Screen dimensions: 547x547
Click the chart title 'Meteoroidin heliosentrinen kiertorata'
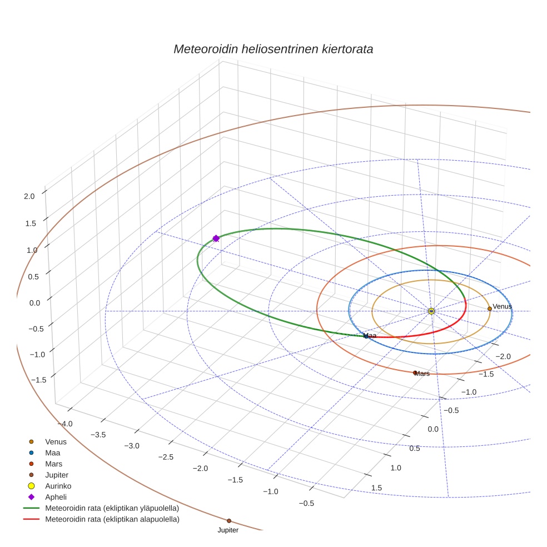click(x=273, y=49)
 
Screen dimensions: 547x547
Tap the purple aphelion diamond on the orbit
click(x=216, y=238)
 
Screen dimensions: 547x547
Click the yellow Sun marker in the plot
click(x=431, y=311)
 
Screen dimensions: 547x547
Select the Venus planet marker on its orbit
click(x=489, y=309)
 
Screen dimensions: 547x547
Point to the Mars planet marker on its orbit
click(x=415, y=372)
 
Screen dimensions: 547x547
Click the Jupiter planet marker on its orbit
click(x=229, y=521)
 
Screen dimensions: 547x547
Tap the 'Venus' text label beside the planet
click(x=502, y=306)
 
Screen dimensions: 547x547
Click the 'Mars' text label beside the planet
click(x=422, y=374)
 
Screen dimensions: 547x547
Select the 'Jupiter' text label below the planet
click(x=228, y=530)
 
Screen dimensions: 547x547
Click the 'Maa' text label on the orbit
click(x=370, y=336)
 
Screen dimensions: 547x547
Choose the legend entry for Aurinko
click(x=58, y=486)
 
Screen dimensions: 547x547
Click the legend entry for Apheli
click(x=56, y=497)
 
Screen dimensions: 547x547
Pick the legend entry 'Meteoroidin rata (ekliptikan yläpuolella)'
click(x=112, y=508)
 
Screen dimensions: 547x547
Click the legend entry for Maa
click(x=52, y=452)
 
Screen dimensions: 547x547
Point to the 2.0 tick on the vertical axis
click(x=29, y=196)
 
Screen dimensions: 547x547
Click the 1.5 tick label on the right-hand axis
click(x=376, y=488)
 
